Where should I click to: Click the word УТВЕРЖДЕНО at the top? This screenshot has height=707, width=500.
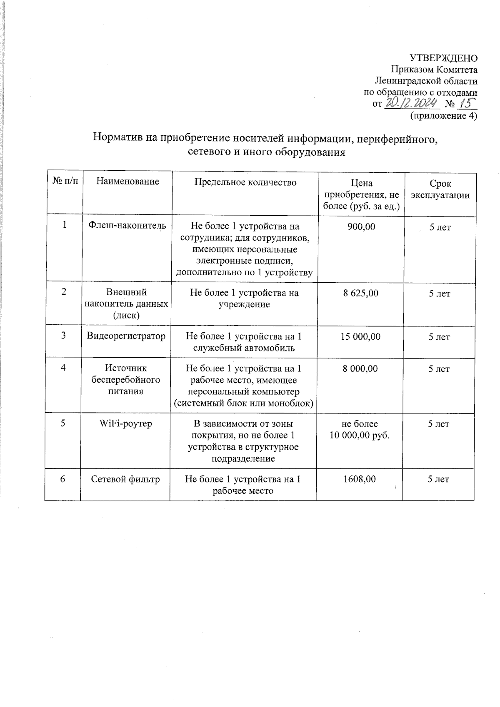point(443,58)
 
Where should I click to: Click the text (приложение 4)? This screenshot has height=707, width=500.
point(444,116)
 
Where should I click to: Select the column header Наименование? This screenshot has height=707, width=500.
point(127,182)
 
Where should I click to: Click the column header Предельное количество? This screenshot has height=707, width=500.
point(245,182)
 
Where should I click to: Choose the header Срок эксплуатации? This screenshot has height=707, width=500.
point(440,189)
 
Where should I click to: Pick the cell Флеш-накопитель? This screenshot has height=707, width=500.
point(127,226)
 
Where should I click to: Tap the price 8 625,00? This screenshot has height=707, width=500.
point(360,293)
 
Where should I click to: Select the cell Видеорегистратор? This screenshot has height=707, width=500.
point(126,336)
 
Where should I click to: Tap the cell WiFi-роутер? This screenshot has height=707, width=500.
point(125,424)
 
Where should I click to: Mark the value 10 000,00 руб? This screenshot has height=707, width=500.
point(360,436)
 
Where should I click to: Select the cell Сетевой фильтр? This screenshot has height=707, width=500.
point(125,479)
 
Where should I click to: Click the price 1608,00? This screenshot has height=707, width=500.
point(359,479)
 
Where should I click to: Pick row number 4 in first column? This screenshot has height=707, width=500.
point(63,368)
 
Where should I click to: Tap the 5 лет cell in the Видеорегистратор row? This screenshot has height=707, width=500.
point(439,337)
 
